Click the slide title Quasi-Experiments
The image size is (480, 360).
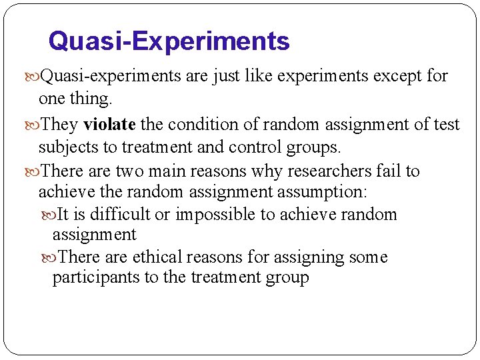click(x=169, y=41)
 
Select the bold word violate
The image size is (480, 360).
click(x=109, y=125)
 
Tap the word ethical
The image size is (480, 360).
click(x=158, y=257)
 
